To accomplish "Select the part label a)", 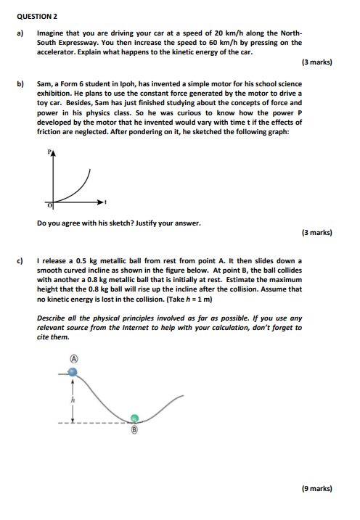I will click(x=21, y=33).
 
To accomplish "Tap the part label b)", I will click(x=21, y=84).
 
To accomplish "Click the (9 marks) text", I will click(x=316, y=489).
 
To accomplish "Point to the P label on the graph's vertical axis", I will click(x=49, y=153).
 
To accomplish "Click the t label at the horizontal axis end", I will click(x=105, y=201).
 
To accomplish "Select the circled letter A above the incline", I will click(x=73, y=358).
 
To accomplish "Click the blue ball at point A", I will click(x=73, y=371).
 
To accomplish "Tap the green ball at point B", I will click(x=134, y=418).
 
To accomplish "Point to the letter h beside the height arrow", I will click(x=73, y=398).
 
